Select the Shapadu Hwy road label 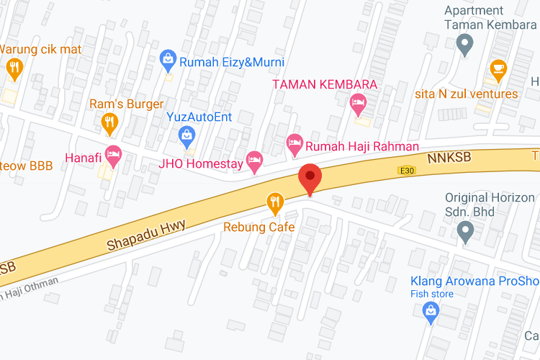click(146, 235)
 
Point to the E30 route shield click(407, 171)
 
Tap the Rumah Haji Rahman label click(362, 146)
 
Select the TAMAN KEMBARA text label click(325, 84)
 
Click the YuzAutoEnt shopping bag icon click(187, 134)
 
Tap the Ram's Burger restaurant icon click(109, 123)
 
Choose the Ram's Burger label click(126, 104)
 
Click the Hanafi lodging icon click(112, 154)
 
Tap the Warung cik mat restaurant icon click(14, 68)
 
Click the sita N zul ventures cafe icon click(498, 68)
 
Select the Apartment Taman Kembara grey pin click(465, 45)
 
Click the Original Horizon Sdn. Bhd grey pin click(465, 232)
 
